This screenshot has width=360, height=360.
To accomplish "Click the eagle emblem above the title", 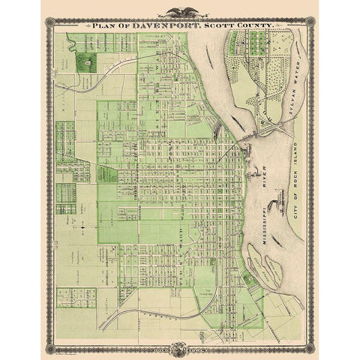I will tap(180, 12).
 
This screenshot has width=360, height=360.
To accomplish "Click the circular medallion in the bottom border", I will tap(180, 348).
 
